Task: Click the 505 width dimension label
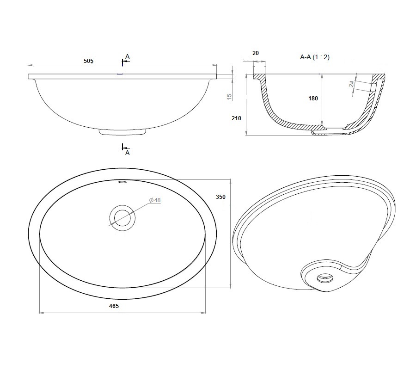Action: tap(88, 61)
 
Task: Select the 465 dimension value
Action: tap(114, 306)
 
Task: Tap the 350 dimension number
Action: tap(220, 197)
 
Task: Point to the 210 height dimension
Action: tap(236, 118)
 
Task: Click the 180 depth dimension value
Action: tap(313, 99)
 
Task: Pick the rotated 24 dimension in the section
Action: tap(352, 84)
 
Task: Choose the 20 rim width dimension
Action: tap(256, 53)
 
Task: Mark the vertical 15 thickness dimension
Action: tap(229, 97)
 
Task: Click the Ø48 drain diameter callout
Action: tap(155, 200)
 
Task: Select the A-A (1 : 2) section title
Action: tap(315, 57)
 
